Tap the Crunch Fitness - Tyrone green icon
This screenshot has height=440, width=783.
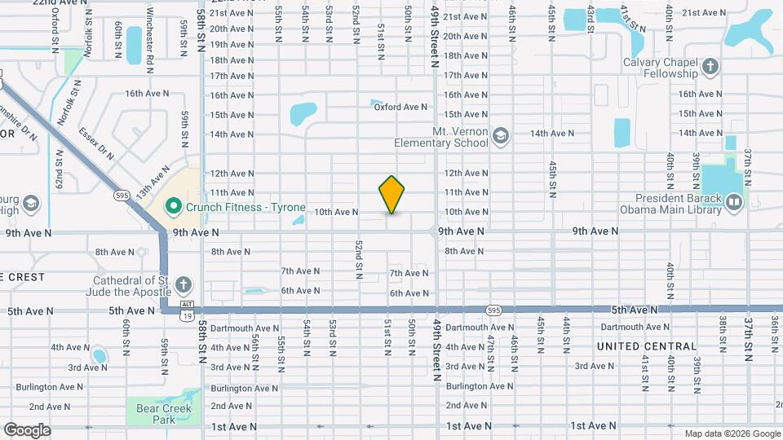pyautogui.click(x=172, y=206)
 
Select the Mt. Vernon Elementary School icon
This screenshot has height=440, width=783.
pyautogui.click(x=499, y=134)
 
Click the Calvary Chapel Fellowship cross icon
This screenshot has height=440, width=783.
pyautogui.click(x=710, y=66)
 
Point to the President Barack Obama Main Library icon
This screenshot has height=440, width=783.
pyautogui.click(x=733, y=200)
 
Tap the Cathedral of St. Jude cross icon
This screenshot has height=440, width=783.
pyautogui.click(x=184, y=284)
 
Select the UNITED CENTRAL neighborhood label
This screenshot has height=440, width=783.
pyautogui.click(x=647, y=346)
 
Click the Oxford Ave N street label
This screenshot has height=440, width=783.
pyautogui.click(x=401, y=107)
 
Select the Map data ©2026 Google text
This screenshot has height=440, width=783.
pyautogui.click(x=732, y=433)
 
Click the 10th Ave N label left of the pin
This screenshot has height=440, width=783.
pyautogui.click(x=336, y=212)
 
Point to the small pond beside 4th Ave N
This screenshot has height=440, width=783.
pyautogui.click(x=100, y=356)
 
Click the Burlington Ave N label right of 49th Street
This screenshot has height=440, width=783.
pyautogui.click(x=478, y=386)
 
